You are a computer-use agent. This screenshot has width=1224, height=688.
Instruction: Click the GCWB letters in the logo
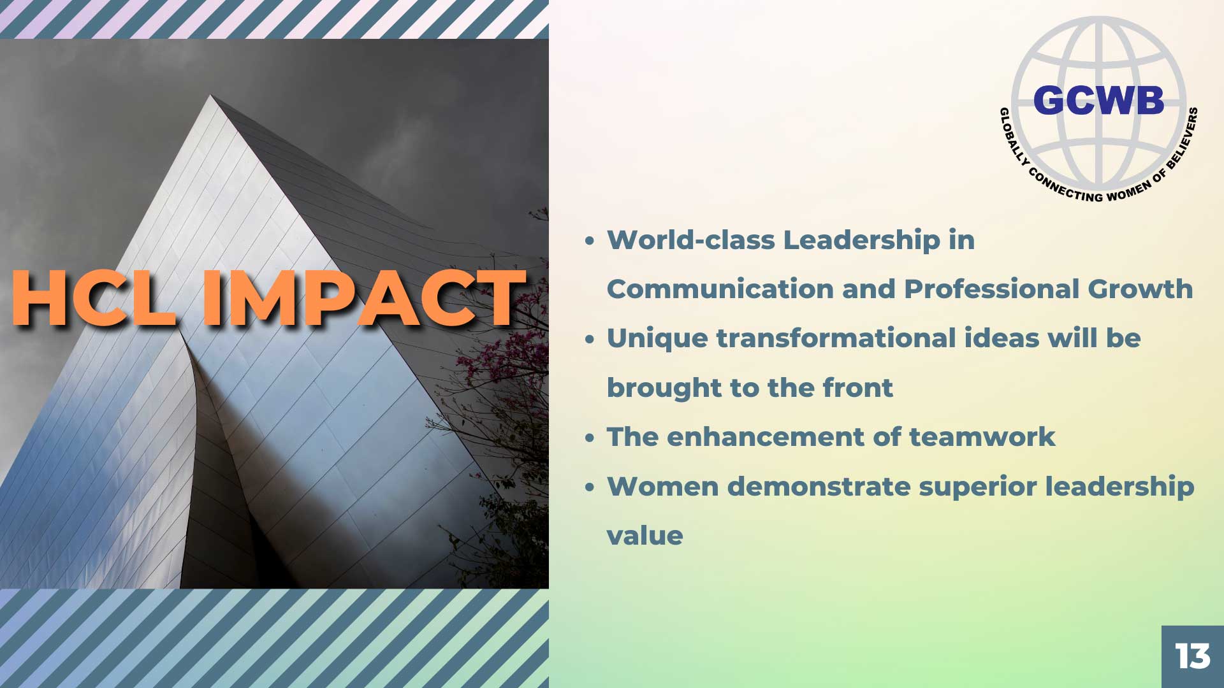[x=1098, y=101]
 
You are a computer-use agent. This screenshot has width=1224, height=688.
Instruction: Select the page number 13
[x=1193, y=656]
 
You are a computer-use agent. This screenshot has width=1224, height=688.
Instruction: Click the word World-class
[x=690, y=240]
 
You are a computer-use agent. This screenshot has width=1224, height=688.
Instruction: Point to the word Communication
[x=720, y=289]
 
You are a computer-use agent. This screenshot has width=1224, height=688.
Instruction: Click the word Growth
[x=1140, y=289]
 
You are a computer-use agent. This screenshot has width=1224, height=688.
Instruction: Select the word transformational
[x=836, y=338]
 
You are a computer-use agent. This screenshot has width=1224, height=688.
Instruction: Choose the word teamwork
[x=982, y=437]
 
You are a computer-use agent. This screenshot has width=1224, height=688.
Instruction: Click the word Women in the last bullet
[x=663, y=487]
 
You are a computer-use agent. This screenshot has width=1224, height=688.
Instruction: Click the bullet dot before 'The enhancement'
[x=590, y=438]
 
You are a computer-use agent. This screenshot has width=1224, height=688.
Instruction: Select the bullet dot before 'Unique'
[x=590, y=340]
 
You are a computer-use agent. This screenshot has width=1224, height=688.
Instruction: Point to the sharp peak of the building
[x=211, y=96]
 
